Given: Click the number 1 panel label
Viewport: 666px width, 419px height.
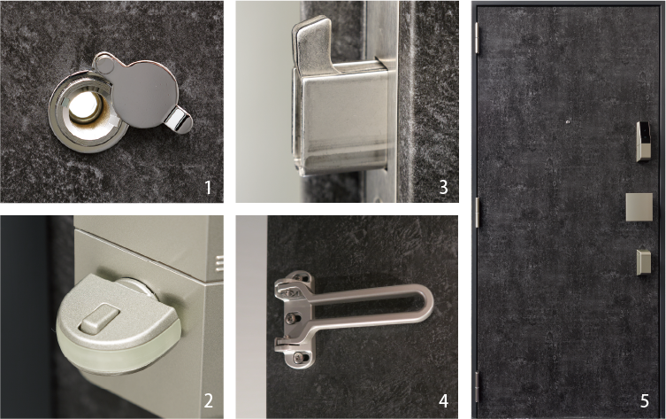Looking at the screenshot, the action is coord(208,187).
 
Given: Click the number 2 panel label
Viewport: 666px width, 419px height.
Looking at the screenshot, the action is coord(209,400).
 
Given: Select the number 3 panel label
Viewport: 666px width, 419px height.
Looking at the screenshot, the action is coord(443,187).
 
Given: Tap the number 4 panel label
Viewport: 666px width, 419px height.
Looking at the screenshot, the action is coord(443,400).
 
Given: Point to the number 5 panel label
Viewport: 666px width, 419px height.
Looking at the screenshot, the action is coord(645,400).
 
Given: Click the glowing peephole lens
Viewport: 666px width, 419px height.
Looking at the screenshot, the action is coord(86,106).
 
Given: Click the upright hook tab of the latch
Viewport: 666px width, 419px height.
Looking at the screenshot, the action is coord(311,40).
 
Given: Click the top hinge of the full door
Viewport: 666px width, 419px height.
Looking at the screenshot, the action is coord(477,38).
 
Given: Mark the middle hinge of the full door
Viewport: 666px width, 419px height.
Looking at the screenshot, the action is coord(477,212).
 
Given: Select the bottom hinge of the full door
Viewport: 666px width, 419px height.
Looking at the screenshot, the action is coord(477,387).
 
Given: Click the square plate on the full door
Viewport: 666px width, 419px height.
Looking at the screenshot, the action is coord(639,207).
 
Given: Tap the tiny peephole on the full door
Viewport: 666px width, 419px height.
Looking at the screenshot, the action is coord(569,122).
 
